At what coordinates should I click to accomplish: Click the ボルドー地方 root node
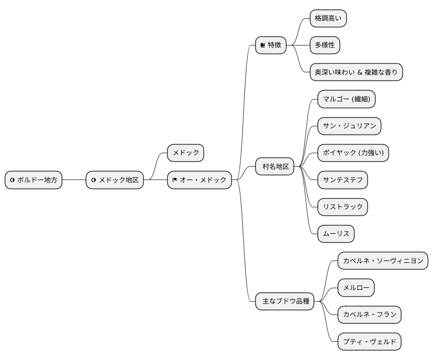34,180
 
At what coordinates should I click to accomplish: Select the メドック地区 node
114,180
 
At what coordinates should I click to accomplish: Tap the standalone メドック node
185,153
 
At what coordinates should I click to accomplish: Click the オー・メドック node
199,180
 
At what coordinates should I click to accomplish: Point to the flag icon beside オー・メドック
175,180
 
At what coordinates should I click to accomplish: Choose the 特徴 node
270,45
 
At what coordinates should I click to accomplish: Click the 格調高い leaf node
328,19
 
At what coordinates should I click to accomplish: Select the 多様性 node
325,45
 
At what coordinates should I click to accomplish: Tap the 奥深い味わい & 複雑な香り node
356,72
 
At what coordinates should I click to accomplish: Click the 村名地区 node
275,167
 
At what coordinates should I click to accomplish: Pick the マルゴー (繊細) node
346,99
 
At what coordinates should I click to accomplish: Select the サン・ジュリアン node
349,126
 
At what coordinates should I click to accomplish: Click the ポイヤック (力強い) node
353,153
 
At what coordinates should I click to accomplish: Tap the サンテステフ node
342,180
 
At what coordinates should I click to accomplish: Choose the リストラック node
342,207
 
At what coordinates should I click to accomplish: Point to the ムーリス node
336,234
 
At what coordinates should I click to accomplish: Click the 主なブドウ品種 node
285,302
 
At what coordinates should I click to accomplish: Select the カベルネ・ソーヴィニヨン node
382,261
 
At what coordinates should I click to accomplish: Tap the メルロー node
355,288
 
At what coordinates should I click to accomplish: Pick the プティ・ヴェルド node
369,342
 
